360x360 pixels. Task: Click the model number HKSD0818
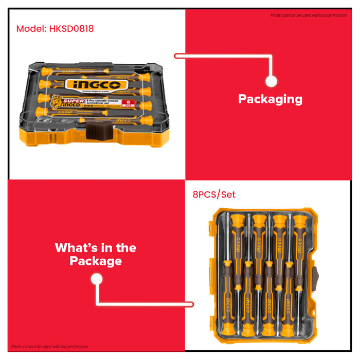pyautogui.click(x=72, y=29)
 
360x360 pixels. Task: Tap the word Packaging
pyautogui.click(x=270, y=99)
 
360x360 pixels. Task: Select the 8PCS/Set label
pyautogui.click(x=214, y=195)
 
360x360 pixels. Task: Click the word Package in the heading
pyautogui.click(x=96, y=261)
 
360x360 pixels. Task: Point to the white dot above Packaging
pyautogui.click(x=271, y=81)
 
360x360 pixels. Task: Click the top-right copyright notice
pyautogui.click(x=309, y=15)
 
